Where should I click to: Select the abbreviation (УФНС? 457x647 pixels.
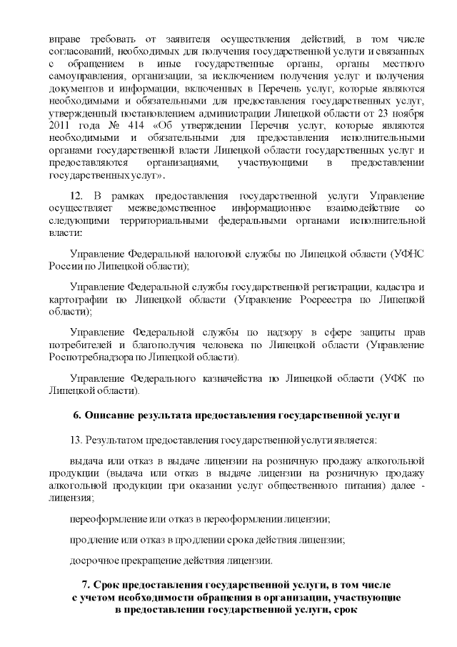click(x=409, y=254)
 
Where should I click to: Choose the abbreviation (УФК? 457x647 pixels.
click(x=393, y=378)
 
